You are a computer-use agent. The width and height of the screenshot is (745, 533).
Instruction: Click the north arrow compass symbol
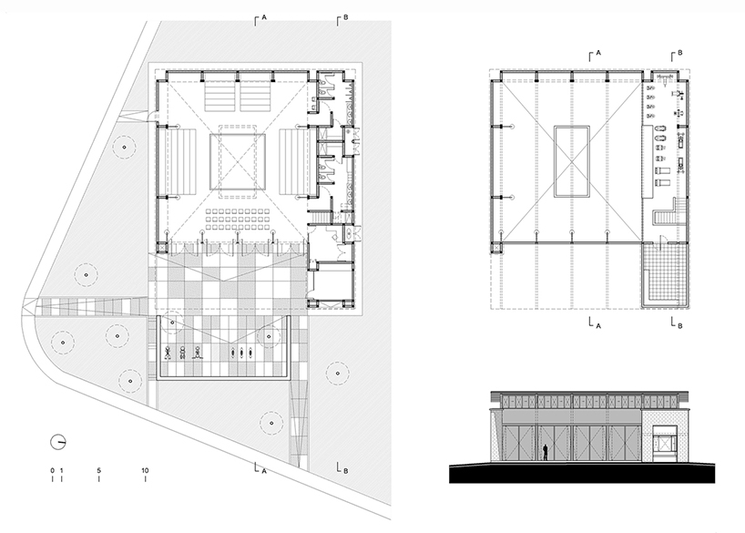coord(59,441)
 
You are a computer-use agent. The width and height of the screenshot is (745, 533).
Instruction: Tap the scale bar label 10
coord(146,471)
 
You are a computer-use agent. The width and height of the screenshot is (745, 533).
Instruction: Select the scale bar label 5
coord(98,471)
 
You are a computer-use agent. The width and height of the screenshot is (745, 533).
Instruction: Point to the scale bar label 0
coord(53,471)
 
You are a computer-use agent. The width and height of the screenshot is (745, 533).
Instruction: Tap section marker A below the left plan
coord(261,470)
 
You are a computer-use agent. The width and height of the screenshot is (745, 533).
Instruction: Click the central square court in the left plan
coord(238,161)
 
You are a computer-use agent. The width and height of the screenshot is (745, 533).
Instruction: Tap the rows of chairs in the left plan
coord(238,219)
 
